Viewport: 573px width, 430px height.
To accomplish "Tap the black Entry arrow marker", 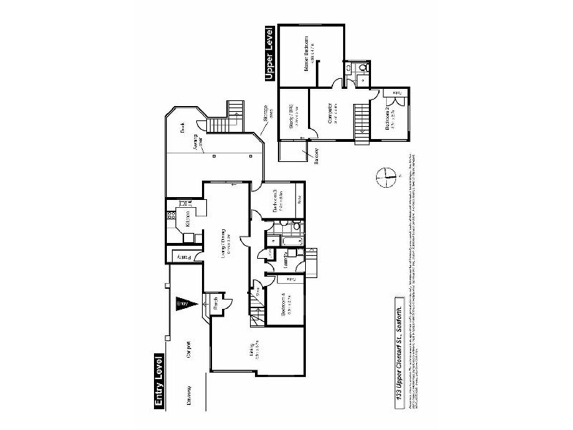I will click(x=182, y=304).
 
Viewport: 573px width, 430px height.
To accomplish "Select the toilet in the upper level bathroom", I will click(x=362, y=69).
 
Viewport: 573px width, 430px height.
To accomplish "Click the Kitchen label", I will click(x=187, y=218).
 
